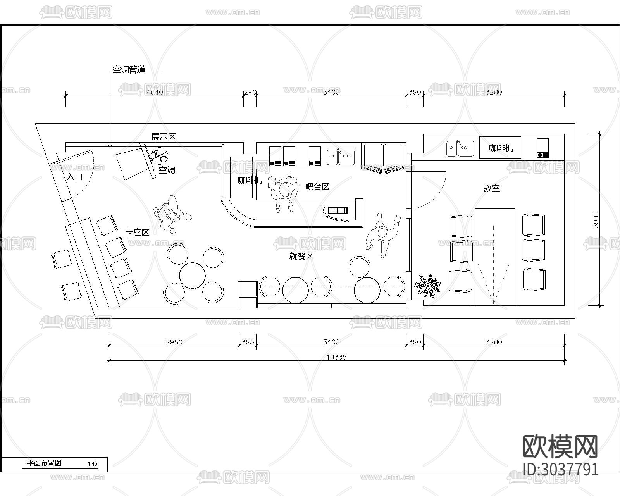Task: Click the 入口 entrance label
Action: pyautogui.click(x=75, y=177)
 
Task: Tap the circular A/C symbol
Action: pyautogui.click(x=159, y=156)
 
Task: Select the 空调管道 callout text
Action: pyautogui.click(x=129, y=70)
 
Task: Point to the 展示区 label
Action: pyautogui.click(x=164, y=137)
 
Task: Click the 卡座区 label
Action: pyautogui.click(x=138, y=232)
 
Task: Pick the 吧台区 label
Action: pyautogui.click(x=317, y=187)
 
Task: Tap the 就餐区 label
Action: pyautogui.click(x=301, y=256)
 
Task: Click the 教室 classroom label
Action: pyautogui.click(x=491, y=188)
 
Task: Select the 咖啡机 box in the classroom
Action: pyautogui.click(x=500, y=148)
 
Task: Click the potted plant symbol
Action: pyautogui.click(x=428, y=285)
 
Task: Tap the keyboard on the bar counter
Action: pyautogui.click(x=338, y=210)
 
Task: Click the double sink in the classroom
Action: pyautogui.click(x=460, y=148)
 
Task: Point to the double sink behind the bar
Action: pyautogui.click(x=341, y=157)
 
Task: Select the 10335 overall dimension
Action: pyautogui.click(x=336, y=357)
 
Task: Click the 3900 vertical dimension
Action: pyautogui.click(x=596, y=220)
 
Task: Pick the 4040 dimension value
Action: pyautogui.click(x=155, y=92)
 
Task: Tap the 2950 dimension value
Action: pyautogui.click(x=174, y=342)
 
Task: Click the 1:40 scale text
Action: pyautogui.click(x=93, y=464)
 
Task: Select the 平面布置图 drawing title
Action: pyautogui.click(x=44, y=463)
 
